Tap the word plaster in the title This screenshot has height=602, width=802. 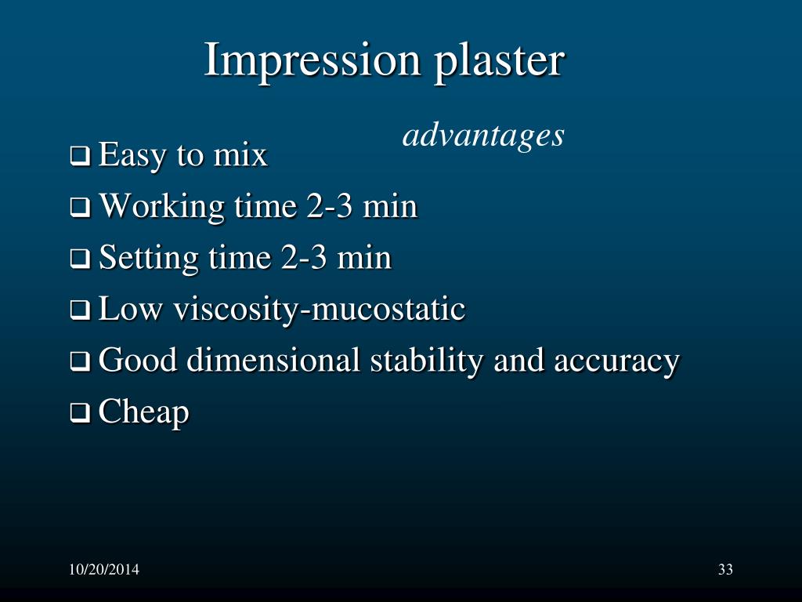[499, 61]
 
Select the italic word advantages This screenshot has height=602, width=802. [483, 136]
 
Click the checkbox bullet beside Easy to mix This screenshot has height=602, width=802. [79, 158]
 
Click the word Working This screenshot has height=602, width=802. [162, 208]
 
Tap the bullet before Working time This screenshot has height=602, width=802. [79, 209]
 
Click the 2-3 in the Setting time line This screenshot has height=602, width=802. [300, 258]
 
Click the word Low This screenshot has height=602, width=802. [130, 310]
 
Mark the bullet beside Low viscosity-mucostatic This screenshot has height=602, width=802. [79, 311]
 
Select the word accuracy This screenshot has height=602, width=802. [616, 361]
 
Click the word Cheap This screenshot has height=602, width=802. [144, 412]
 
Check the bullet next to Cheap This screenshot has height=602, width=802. [79, 413]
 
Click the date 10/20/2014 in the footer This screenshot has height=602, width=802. [103, 570]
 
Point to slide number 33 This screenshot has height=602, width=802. [725, 570]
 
